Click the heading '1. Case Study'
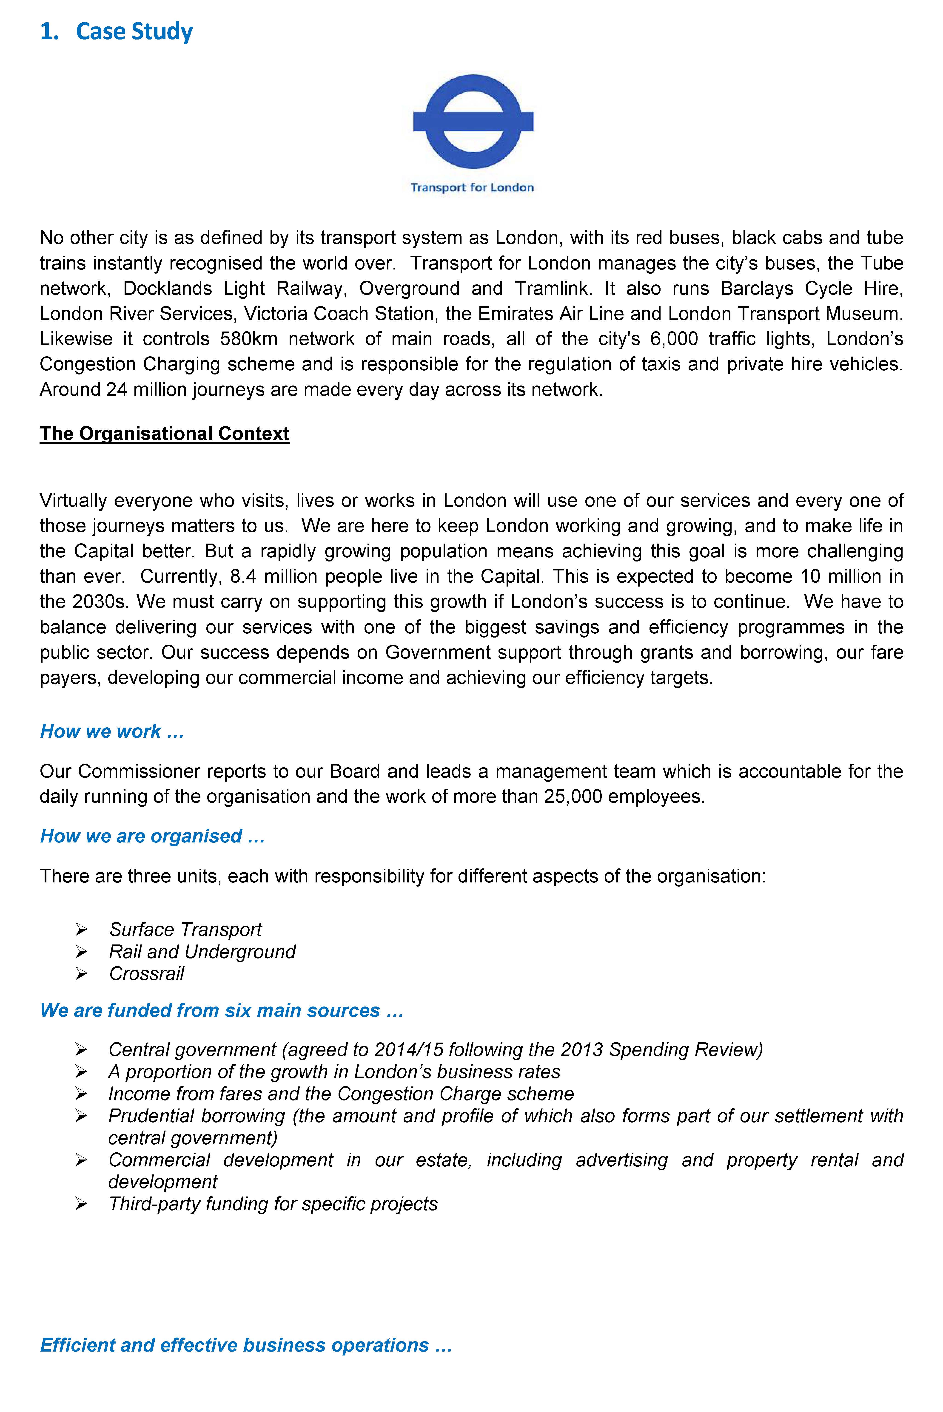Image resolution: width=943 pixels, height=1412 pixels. tap(116, 31)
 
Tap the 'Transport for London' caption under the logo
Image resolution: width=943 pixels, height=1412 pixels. tap(472, 187)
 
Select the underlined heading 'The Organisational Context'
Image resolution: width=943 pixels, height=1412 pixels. tap(164, 433)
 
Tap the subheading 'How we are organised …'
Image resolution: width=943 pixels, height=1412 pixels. tap(152, 836)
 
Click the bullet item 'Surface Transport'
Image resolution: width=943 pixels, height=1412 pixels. tap(185, 929)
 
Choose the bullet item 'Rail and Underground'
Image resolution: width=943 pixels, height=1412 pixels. tap(202, 952)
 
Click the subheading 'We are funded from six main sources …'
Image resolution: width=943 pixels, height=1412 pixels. tap(221, 1010)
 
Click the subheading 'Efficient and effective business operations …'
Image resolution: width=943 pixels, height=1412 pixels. tap(245, 1345)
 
